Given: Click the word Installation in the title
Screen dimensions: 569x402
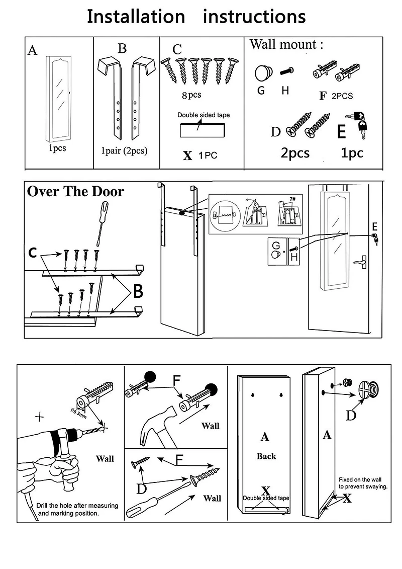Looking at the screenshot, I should (x=136, y=17).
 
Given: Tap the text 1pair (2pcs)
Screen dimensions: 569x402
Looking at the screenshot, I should (x=124, y=150).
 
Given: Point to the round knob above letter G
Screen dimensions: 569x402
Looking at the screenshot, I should (x=262, y=73).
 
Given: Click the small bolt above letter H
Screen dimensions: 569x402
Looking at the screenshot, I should (x=287, y=70).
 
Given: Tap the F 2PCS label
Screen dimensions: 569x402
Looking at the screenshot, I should (x=337, y=96).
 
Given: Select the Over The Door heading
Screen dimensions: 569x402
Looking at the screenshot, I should (x=75, y=192).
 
